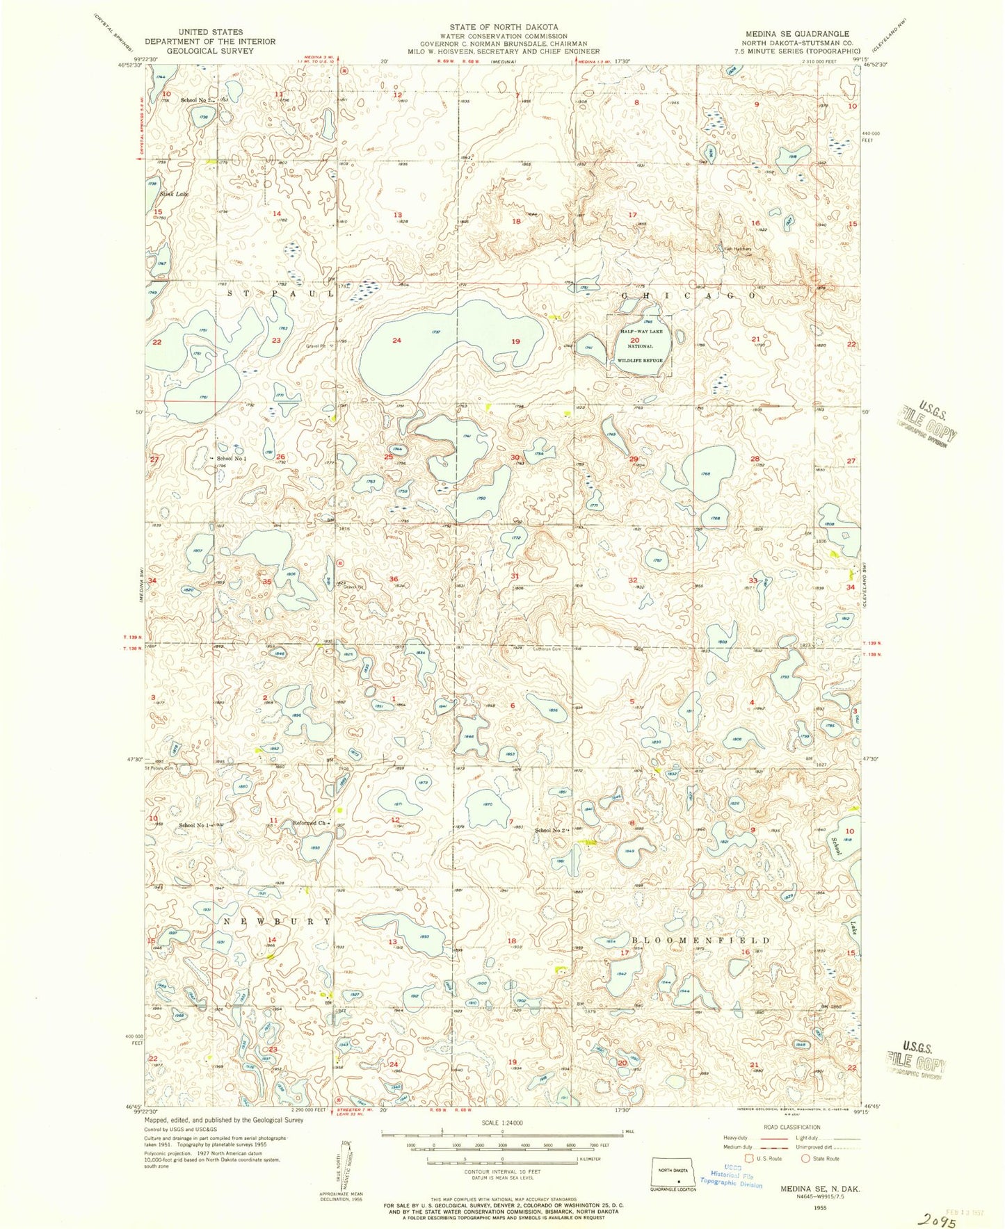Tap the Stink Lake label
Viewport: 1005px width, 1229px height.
click(x=173, y=194)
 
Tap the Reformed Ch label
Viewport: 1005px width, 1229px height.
click(x=308, y=823)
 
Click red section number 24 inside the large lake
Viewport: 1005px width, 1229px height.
click(x=397, y=341)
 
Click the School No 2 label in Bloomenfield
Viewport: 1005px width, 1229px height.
click(x=551, y=830)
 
